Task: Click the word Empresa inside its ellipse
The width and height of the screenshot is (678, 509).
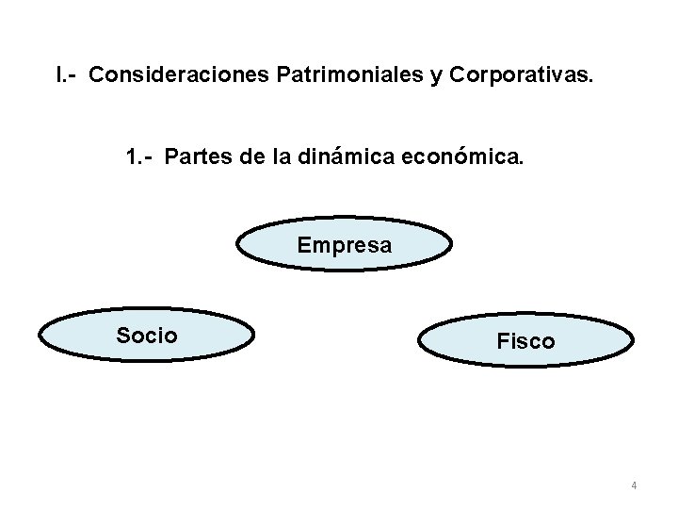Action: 344,245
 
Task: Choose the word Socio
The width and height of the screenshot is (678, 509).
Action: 146,334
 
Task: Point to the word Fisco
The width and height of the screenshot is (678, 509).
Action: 525,341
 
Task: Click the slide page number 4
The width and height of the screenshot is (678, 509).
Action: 634,486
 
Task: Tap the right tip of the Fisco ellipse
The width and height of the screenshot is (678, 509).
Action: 633,342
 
